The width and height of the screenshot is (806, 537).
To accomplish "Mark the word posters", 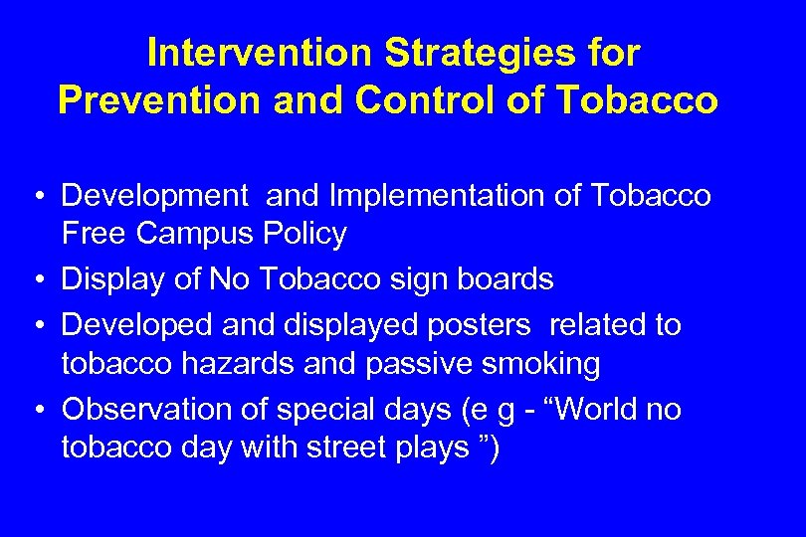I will point(480,325).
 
